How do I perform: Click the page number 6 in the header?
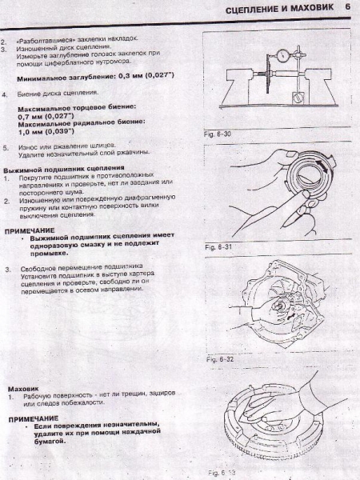point(349,7)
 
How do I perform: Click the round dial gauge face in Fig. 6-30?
point(282,58)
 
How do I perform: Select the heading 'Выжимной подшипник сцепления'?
point(53,170)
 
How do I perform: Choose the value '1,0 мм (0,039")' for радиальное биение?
point(46,133)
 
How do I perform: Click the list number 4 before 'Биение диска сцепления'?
point(6,94)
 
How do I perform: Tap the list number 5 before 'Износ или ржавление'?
point(6,147)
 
